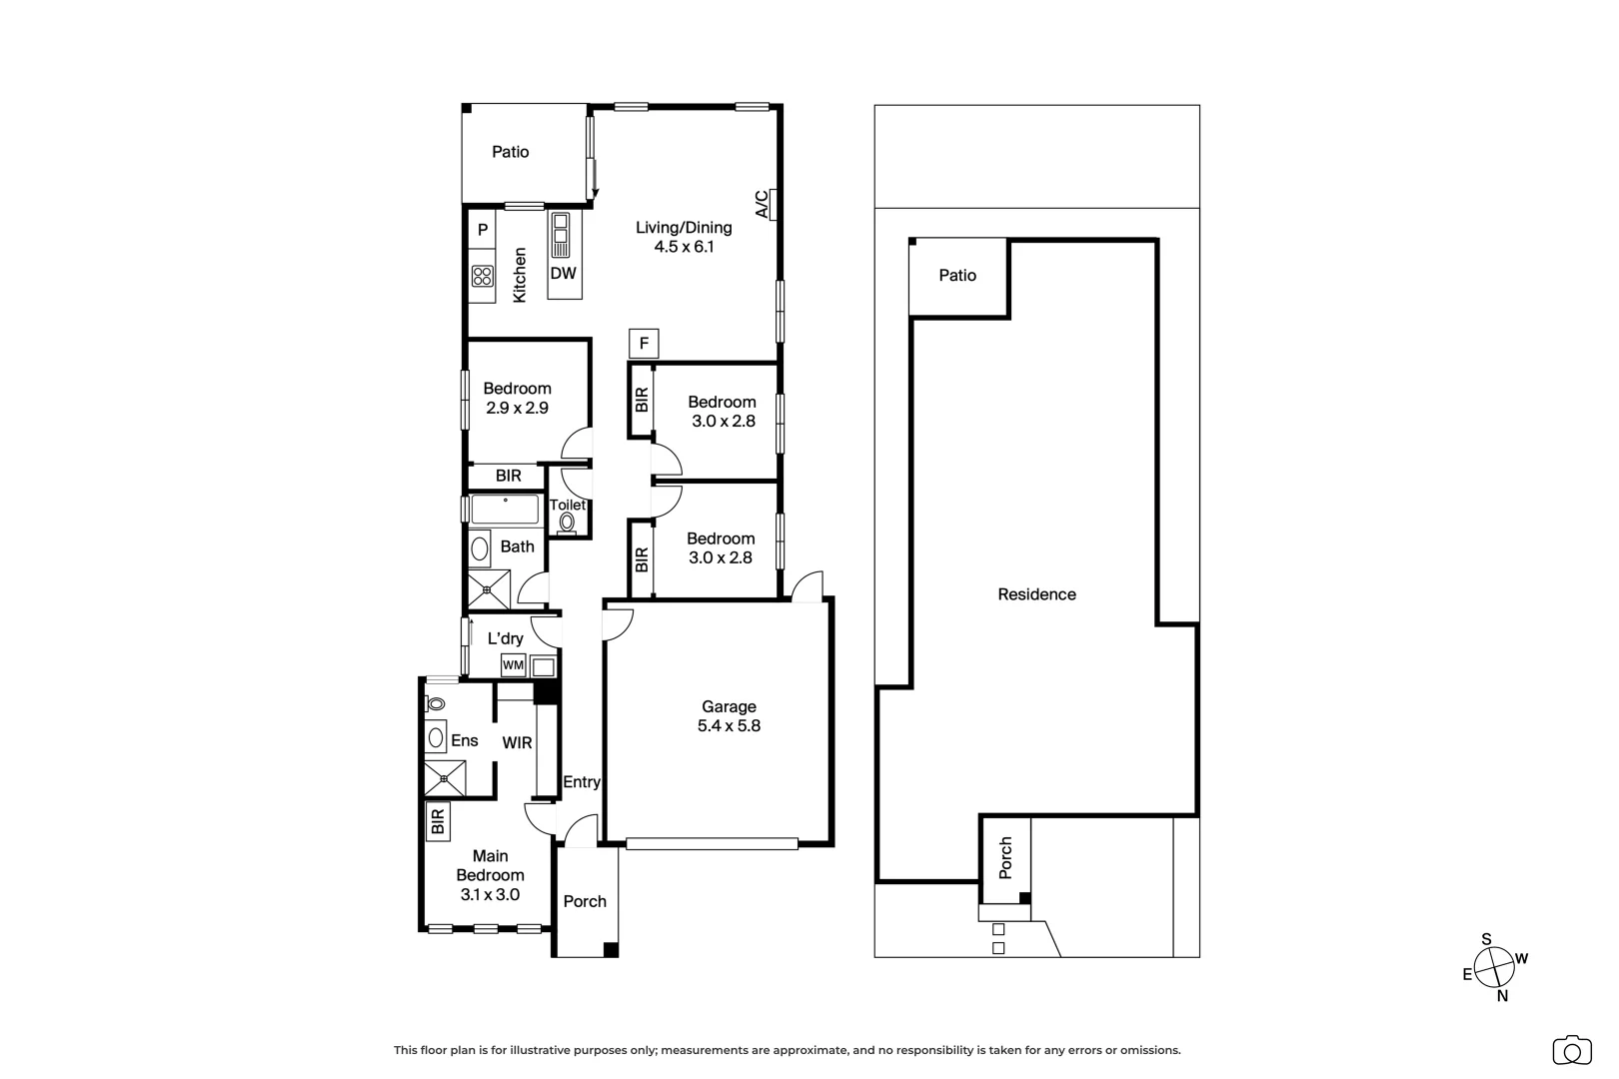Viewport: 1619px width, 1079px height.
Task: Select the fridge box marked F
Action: pos(644,345)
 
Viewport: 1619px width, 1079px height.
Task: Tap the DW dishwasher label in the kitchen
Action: pos(564,273)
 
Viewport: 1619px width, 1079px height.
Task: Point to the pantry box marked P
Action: pos(483,231)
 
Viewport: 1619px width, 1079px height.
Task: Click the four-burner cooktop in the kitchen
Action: pos(483,276)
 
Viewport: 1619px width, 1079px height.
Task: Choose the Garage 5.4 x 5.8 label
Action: pos(729,716)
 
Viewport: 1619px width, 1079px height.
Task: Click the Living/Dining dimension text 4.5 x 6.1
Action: pos(684,247)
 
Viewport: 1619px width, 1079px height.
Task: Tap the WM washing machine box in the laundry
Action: pos(513,665)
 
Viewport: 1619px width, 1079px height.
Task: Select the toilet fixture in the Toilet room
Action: pos(568,522)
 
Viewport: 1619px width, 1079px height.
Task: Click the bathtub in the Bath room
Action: pos(506,510)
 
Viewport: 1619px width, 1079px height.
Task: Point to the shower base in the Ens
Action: pos(445,778)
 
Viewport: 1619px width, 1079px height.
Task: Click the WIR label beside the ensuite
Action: pos(517,743)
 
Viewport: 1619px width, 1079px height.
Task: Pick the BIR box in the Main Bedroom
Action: pos(437,821)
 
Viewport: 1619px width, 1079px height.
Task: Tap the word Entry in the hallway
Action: pos(582,782)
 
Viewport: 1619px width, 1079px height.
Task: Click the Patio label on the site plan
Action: pos(957,276)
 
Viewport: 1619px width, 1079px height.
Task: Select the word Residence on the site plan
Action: pos(1036,594)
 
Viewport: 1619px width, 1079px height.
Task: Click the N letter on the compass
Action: pos(1502,995)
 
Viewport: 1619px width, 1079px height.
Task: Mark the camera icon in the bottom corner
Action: pos(1571,1051)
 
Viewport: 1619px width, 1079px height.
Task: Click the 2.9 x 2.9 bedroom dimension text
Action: pos(517,408)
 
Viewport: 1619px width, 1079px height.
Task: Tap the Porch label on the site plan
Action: pos(1005,857)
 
